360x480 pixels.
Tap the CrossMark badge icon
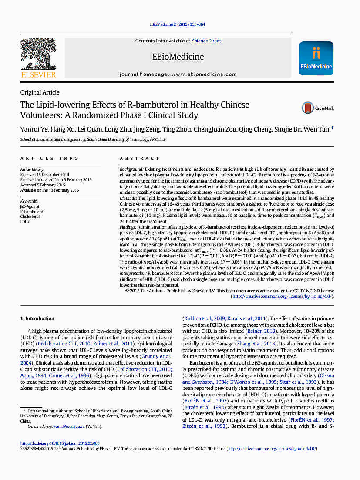pyautogui.click(x=308, y=108)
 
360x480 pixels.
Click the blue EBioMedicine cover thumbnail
pyautogui.click(x=316, y=58)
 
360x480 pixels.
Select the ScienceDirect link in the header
pyautogui.click(x=206, y=41)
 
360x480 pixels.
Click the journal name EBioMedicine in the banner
pyautogui.click(x=178, y=57)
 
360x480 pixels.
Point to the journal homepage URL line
pyautogui.click(x=178, y=74)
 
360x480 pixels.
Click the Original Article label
pyautogui.click(x=40, y=92)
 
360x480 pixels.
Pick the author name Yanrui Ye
pyautogui.click(x=33, y=129)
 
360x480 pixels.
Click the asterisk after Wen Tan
pyautogui.click(x=333, y=128)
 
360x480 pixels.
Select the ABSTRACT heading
pyautogui.click(x=140, y=159)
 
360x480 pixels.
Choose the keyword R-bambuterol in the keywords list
pyautogui.click(x=33, y=211)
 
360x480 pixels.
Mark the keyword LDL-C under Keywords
pyautogui.click(x=26, y=222)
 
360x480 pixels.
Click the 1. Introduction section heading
pyautogui.click(x=37, y=318)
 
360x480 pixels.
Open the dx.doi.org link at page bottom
pyautogui.click(x=60, y=443)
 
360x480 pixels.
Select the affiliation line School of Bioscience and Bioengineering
pyautogui.click(x=92, y=139)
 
